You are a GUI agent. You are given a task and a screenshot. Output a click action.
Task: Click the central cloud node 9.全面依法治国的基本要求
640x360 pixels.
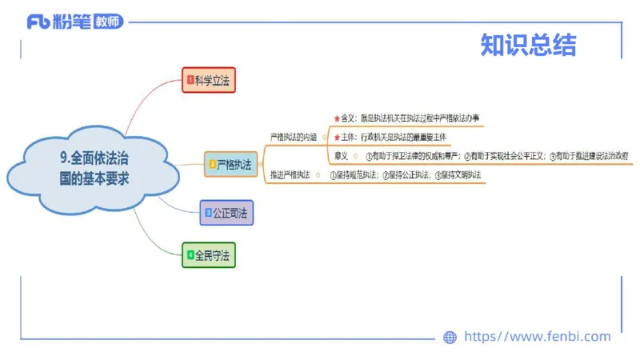(94, 168)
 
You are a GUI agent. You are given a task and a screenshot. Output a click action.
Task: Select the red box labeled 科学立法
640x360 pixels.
(209, 80)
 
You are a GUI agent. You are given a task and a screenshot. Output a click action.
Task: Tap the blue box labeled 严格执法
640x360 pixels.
(230, 164)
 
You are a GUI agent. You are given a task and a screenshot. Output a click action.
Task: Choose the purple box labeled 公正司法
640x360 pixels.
(226, 213)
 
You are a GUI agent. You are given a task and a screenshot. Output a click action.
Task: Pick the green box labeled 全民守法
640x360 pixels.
(209, 256)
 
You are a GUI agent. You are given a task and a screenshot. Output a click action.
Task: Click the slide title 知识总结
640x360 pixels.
(528, 45)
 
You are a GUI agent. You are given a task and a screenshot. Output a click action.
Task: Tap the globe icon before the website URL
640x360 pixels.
(450, 337)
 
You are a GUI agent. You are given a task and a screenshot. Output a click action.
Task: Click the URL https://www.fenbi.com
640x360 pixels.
(537, 337)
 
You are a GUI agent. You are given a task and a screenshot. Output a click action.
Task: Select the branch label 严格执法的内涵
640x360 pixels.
(294, 137)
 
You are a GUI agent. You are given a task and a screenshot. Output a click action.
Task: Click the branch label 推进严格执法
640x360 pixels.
(290, 174)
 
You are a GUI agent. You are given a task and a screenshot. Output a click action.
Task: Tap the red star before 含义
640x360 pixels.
(336, 118)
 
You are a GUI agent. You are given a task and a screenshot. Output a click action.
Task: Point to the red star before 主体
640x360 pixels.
(336, 137)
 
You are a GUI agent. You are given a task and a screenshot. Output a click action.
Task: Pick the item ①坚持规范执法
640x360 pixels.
(354, 174)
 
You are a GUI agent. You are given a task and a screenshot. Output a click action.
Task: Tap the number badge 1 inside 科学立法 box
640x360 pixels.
(190, 80)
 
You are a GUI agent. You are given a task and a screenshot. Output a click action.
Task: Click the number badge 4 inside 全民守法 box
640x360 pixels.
(190, 256)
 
